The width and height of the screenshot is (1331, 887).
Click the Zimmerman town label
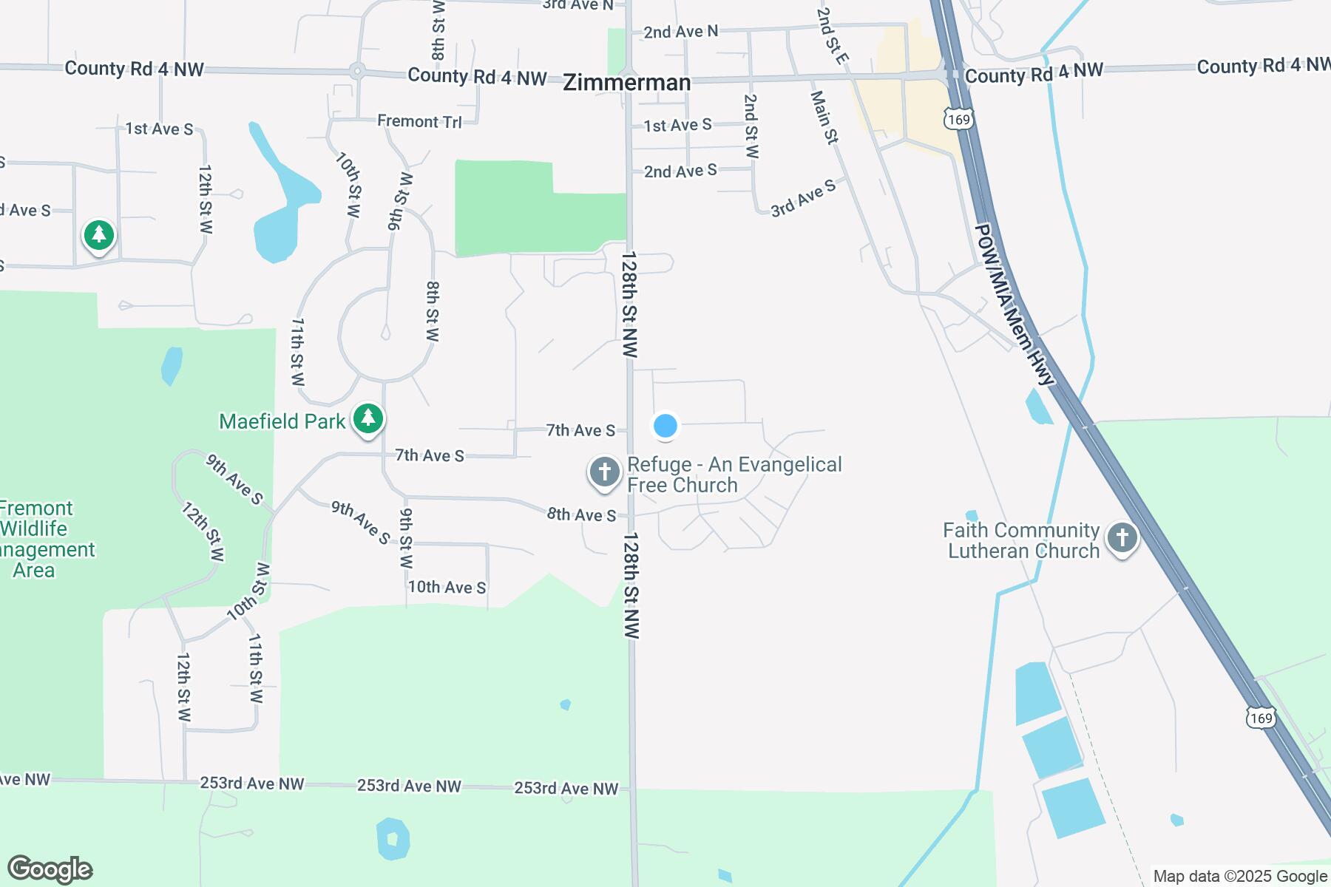point(627,82)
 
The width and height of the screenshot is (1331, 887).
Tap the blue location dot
point(665,426)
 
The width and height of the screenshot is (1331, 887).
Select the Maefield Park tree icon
point(368,419)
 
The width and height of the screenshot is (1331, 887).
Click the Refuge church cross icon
point(604,472)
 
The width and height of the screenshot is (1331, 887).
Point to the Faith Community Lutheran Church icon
point(1122,538)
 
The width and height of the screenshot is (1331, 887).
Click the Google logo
point(50,869)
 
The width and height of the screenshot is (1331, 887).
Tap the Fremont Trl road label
point(419,121)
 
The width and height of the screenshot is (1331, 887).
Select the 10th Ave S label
point(447,587)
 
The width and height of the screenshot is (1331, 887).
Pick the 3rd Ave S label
point(803,197)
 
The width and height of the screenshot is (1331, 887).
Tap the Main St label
point(824,117)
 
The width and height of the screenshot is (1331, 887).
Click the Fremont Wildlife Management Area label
point(37,539)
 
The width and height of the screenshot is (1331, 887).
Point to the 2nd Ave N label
point(680,32)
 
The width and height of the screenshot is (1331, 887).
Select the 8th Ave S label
point(581,514)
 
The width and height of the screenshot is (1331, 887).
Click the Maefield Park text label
point(282,421)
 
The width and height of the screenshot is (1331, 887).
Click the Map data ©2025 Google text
point(1240,877)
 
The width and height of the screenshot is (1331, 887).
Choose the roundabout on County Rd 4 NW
point(357,72)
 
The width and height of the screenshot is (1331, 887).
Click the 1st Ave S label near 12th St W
point(159,129)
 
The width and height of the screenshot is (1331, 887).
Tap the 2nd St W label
point(751,126)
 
